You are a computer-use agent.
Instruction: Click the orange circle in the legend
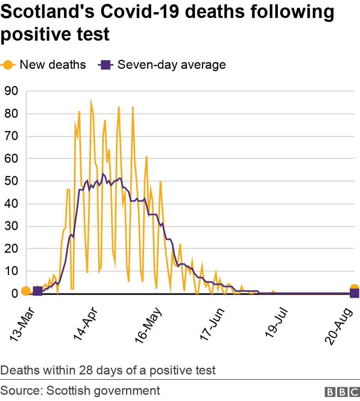click(x=8, y=64)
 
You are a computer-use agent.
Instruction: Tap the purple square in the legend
click(x=105, y=64)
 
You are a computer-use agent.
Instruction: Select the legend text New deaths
click(x=53, y=64)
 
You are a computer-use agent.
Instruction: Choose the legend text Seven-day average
click(x=171, y=64)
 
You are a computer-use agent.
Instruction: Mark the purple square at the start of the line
click(x=38, y=291)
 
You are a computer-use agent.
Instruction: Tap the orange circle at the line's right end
click(x=354, y=289)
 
